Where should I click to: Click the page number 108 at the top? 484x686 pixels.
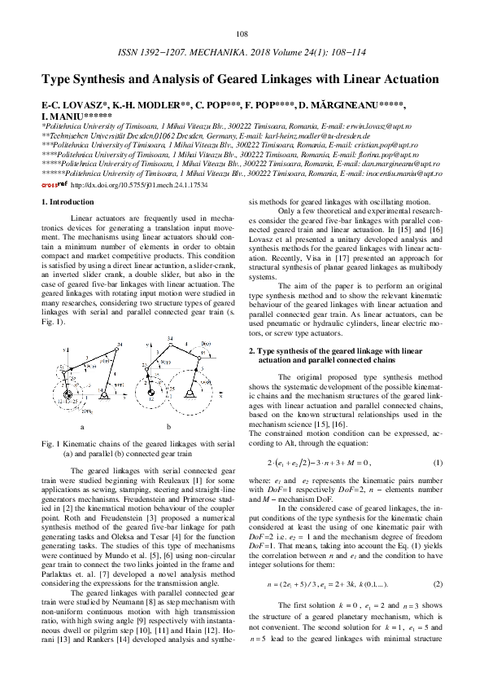point(242,33)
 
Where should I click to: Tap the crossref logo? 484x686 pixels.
point(54,185)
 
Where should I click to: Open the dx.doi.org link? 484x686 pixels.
point(138,185)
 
